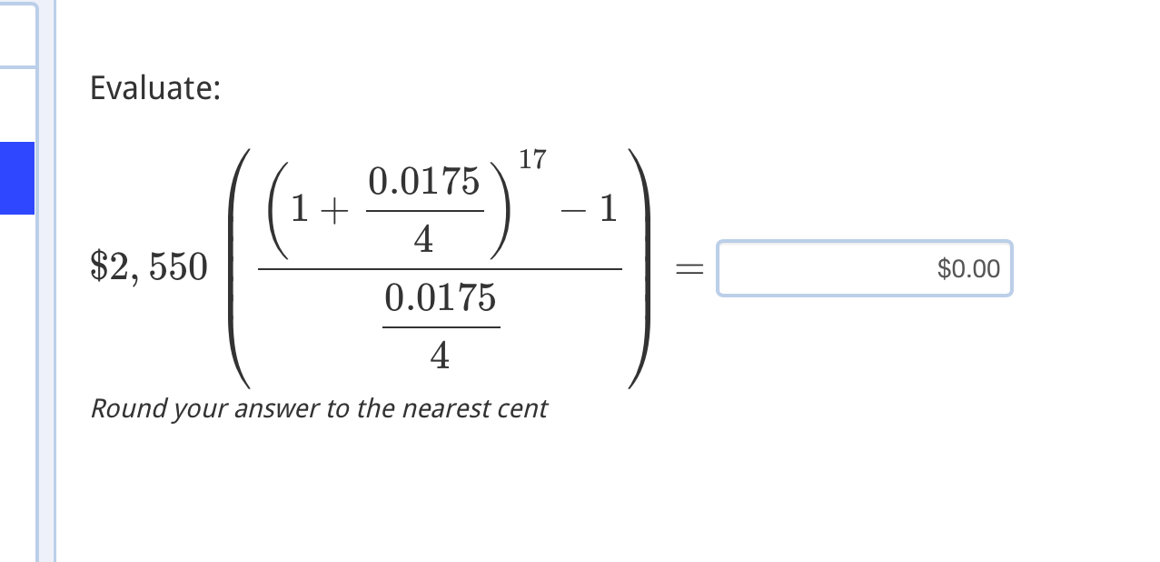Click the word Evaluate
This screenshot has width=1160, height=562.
154,89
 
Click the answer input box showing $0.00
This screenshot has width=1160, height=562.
864,268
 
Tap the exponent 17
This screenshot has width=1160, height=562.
532,160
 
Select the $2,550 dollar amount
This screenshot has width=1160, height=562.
149,267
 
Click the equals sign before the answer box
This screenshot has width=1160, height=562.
689,269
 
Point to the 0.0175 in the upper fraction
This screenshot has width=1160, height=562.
423,183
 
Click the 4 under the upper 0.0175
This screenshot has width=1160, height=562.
423,240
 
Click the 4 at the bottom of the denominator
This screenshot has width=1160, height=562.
441,356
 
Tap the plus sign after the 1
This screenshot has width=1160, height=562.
333,212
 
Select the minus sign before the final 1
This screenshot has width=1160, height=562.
571,211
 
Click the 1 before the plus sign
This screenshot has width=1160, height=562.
299,212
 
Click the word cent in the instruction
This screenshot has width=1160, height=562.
522,408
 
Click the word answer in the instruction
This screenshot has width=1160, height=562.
277,408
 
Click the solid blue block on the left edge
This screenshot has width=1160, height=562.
17,178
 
